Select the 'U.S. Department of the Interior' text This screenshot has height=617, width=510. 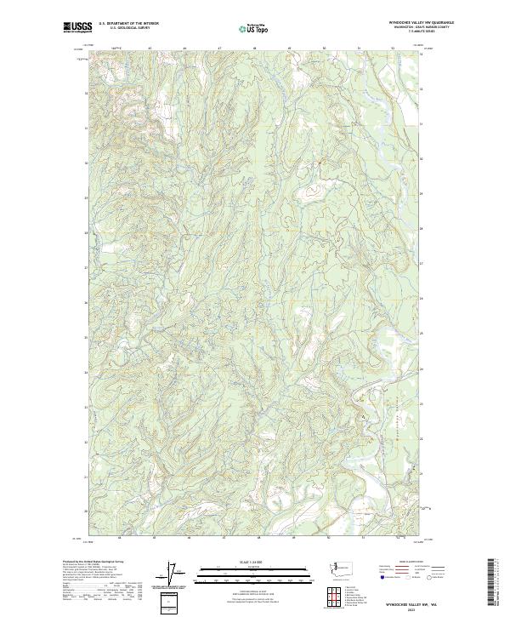click(x=128, y=25)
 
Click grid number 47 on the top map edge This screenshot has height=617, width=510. click(x=220, y=49)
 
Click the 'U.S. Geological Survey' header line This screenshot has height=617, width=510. click(x=128, y=29)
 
